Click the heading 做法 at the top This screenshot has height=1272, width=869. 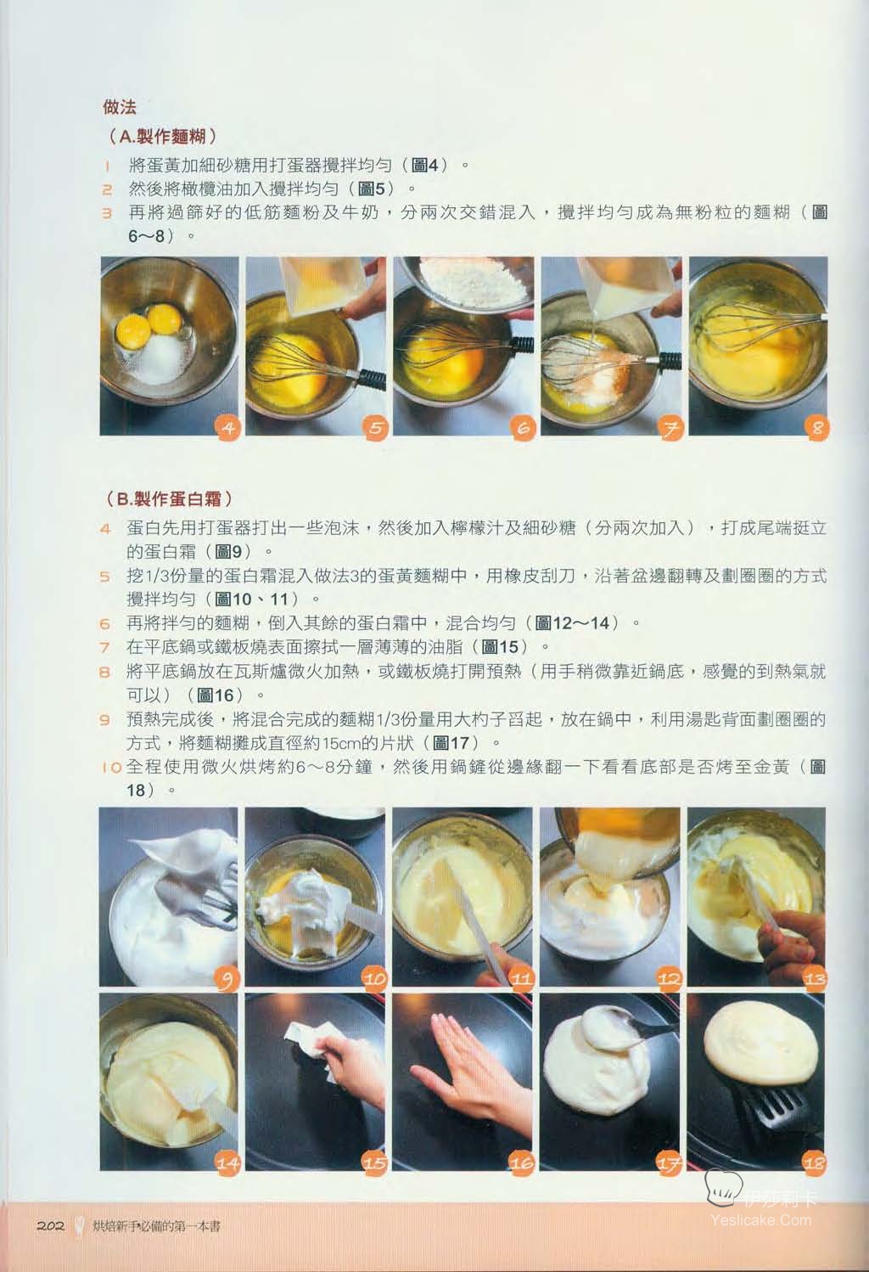pyautogui.click(x=119, y=107)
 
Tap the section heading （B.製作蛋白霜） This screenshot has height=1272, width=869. pyautogui.click(x=169, y=499)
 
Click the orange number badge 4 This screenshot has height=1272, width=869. pyautogui.click(x=228, y=427)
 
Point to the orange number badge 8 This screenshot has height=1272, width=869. pyautogui.click(x=816, y=427)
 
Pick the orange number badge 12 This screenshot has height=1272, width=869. pyautogui.click(x=669, y=978)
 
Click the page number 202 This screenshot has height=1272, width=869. pyautogui.click(x=50, y=1224)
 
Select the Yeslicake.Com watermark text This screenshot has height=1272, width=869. pyautogui.click(x=760, y=1219)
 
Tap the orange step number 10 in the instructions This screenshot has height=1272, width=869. pyautogui.click(x=112, y=767)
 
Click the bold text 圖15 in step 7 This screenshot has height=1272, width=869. pyautogui.click(x=501, y=647)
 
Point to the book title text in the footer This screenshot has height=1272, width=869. pyautogui.click(x=156, y=1226)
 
